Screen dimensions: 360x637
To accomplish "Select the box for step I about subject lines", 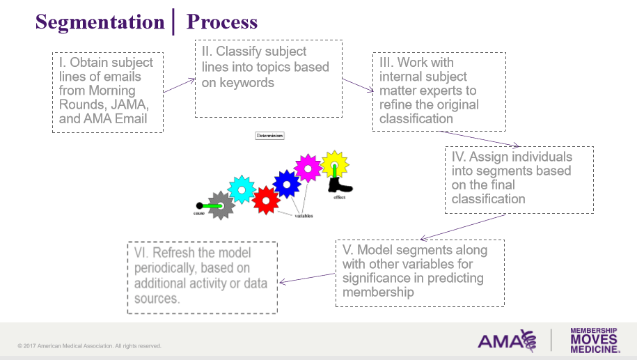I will click(108, 91).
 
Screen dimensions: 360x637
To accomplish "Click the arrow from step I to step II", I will click(179, 86).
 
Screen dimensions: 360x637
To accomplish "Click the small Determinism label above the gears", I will click(269, 136).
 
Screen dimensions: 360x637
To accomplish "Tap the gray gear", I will click(221, 205).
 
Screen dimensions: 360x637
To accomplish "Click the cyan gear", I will click(242, 189).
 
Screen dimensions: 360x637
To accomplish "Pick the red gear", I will click(265, 200).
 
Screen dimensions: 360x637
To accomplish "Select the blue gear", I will click(286, 184).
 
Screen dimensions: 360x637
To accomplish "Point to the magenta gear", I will click(307, 168).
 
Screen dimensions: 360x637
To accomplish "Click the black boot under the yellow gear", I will click(340, 185).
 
